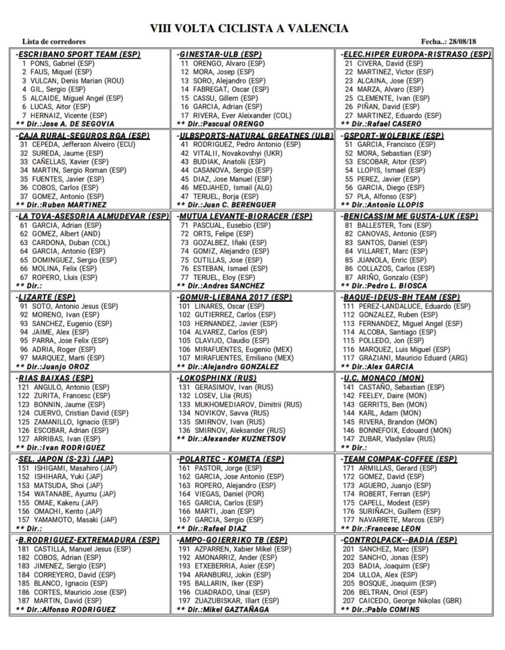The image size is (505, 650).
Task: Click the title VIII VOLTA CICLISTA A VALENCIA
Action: (x=249, y=29)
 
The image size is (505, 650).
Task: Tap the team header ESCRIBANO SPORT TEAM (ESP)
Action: (x=79, y=54)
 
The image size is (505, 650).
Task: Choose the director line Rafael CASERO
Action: (x=381, y=124)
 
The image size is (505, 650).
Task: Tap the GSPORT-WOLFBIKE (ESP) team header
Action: (x=393, y=135)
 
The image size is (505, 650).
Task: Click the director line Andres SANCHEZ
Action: (x=221, y=286)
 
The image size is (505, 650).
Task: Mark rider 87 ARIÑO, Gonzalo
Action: (x=385, y=277)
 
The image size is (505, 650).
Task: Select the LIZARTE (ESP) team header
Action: (x=46, y=297)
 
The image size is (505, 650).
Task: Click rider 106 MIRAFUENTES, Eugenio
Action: (x=236, y=349)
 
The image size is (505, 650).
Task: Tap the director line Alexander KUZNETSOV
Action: (x=231, y=438)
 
